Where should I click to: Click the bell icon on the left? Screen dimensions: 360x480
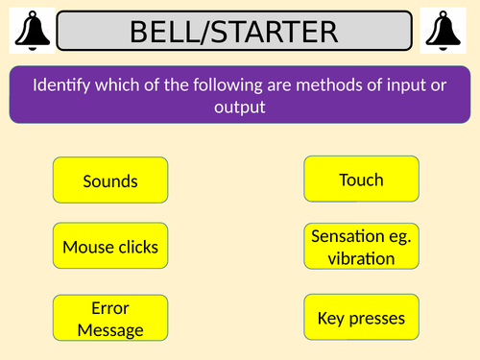30,31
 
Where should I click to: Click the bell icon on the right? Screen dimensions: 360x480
448,31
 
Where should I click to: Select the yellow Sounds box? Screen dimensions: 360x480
110,180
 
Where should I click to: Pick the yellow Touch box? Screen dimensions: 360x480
361,180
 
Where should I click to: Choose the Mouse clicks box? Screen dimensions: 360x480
110,247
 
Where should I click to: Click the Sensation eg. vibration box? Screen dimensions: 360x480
361,247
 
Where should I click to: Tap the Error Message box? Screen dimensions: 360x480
110,318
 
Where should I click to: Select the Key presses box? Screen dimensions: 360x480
361,317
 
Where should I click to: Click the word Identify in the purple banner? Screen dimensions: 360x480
62,84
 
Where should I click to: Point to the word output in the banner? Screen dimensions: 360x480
240,106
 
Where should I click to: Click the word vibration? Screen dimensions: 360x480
361,258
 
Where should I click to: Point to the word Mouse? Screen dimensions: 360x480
84,247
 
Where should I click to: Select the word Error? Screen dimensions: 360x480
110,307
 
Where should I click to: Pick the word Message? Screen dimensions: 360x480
110,329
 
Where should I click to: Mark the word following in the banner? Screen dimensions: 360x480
209,84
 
